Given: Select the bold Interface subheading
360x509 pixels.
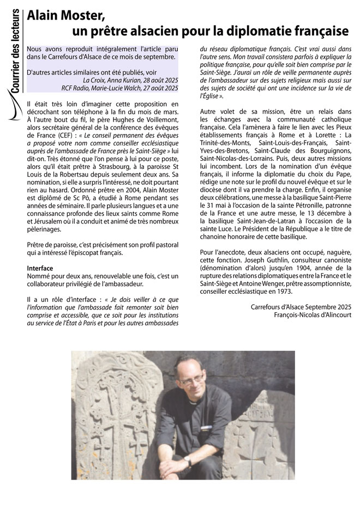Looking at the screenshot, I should coord(40,269).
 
